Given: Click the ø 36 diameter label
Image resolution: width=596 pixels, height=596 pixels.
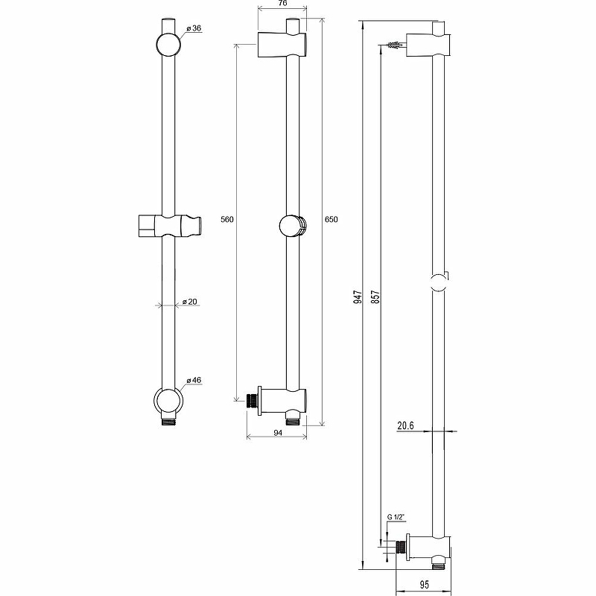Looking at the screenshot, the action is click(194, 28).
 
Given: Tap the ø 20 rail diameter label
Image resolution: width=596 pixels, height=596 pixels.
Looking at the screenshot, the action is click(190, 302).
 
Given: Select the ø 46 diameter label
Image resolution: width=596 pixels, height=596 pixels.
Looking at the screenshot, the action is click(194, 380).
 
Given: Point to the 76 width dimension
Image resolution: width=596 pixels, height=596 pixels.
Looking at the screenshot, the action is click(282, 4).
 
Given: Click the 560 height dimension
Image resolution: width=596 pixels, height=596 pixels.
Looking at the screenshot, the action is click(227, 219).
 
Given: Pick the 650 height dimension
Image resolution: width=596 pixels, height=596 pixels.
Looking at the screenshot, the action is click(331, 219).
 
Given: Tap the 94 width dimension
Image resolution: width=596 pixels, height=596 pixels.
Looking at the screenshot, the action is click(278, 433).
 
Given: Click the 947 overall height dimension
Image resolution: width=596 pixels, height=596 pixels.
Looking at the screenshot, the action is click(358, 297).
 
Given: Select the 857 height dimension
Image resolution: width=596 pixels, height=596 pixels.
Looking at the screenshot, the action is click(375, 297).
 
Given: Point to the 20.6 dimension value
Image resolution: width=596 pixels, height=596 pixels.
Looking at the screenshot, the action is click(405, 425).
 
